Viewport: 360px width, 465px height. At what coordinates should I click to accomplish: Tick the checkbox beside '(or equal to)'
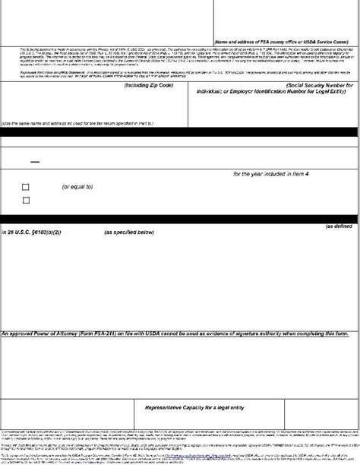tap(26, 187)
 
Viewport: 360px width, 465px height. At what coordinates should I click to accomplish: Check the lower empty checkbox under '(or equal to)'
tap(26, 201)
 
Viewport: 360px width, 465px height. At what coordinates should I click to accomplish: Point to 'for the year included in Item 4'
tap(276, 174)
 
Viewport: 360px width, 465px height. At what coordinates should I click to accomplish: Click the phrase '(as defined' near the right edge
tap(340, 226)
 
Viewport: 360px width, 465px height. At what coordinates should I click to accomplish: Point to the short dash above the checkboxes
tap(34, 162)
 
